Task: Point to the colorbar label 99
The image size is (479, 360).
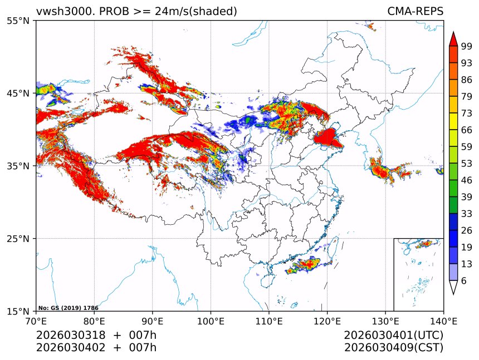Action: [x=467, y=47]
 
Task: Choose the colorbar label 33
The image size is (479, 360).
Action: [x=467, y=214]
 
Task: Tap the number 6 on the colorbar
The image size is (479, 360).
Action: [x=464, y=281]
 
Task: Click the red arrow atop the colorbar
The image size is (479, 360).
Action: [x=453, y=38]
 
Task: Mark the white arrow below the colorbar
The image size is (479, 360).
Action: [x=453, y=287]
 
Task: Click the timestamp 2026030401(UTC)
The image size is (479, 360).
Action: [x=394, y=335]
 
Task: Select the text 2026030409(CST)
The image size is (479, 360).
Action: [x=394, y=348]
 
